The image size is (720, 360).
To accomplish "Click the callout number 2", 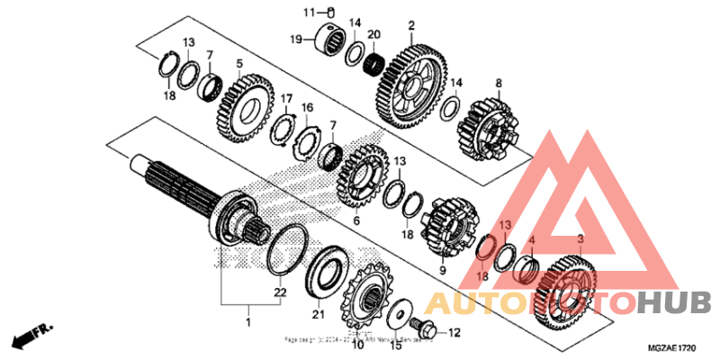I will pos(411,25).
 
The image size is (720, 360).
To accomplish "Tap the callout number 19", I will pos(294,40).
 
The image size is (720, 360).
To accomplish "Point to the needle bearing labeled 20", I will pos(373,65).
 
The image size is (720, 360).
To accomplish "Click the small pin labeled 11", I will pos(329,12).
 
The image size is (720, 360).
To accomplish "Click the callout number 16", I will pos(308,108).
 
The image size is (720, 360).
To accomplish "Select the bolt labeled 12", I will pos(419,321).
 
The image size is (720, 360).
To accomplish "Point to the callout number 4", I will pos(532,240).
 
